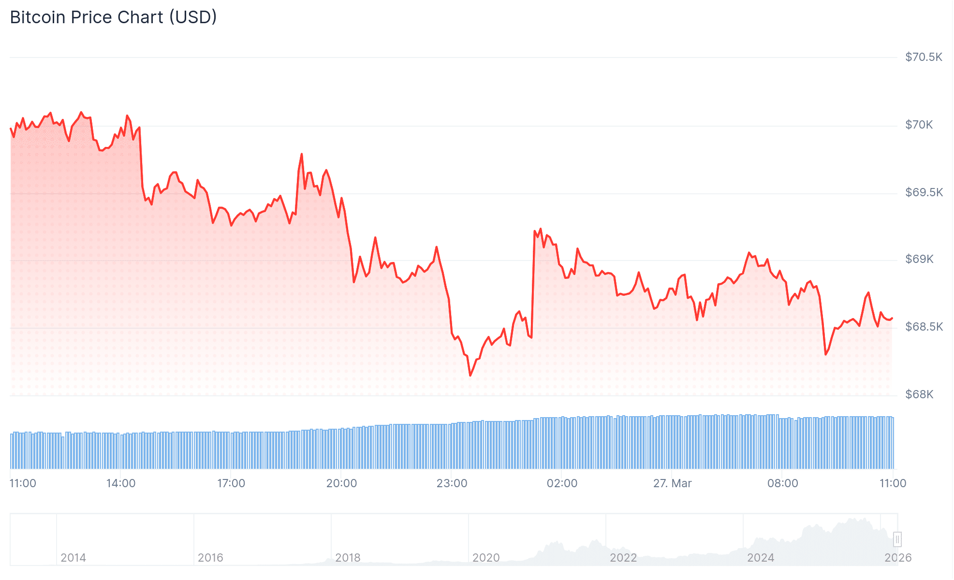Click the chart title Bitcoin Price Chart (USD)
(x=113, y=17)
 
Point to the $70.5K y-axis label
(x=924, y=57)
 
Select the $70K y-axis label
(x=919, y=125)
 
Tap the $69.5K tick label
(x=924, y=192)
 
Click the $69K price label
(x=919, y=259)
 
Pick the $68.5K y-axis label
(x=924, y=327)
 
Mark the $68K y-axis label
(x=919, y=394)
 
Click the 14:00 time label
(x=121, y=483)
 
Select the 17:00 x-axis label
(x=231, y=483)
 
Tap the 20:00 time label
(x=341, y=483)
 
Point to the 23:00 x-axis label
(x=452, y=483)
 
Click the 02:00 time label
(x=562, y=483)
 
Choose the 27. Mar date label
(x=672, y=483)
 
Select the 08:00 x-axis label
(x=782, y=483)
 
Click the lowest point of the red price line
(x=470, y=376)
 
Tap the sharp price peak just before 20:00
(x=302, y=154)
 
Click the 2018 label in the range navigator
(x=348, y=558)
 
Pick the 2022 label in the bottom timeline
(x=623, y=558)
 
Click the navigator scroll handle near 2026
(x=897, y=539)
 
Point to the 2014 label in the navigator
(x=73, y=558)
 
